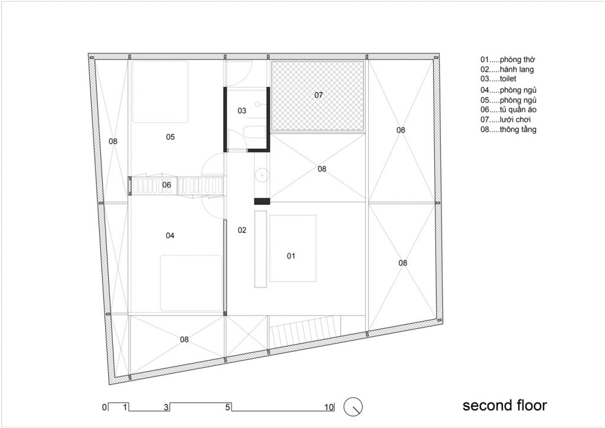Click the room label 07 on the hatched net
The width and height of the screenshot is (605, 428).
point(318,95)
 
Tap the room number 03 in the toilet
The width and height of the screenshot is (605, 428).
point(242,111)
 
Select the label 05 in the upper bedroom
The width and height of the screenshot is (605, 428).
point(170,137)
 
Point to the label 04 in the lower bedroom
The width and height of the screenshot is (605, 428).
point(170,236)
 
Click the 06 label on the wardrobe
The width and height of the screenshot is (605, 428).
point(167,185)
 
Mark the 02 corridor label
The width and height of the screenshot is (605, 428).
point(242,231)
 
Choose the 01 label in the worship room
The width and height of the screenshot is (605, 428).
point(291,256)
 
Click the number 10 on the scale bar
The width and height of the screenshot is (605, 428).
point(329,407)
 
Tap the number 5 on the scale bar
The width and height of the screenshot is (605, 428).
point(228,407)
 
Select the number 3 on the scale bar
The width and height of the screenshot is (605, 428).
point(167,407)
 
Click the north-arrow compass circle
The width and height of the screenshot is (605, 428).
point(353,406)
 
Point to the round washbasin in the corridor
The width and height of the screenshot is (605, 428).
point(262,176)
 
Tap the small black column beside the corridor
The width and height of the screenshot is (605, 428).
point(262,201)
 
